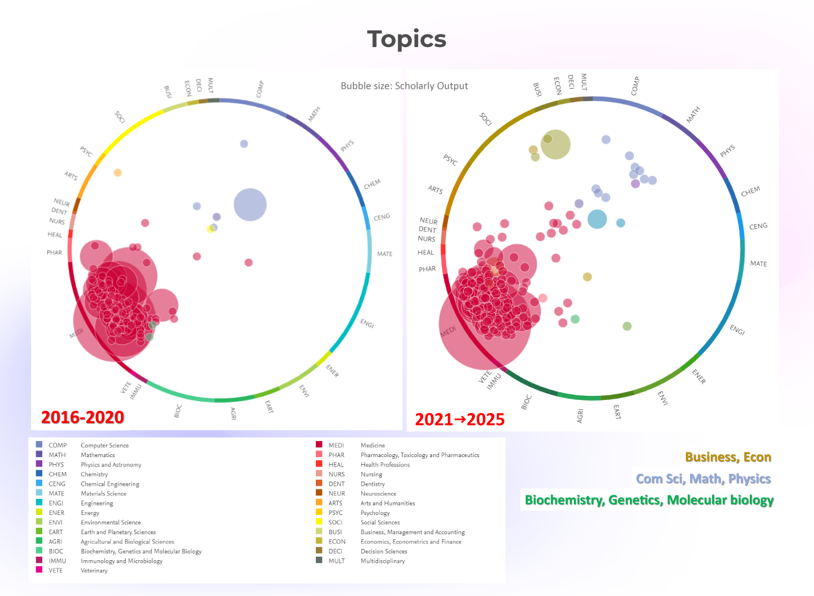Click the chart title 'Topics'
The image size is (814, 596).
(406, 39)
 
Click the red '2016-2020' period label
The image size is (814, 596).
(82, 417)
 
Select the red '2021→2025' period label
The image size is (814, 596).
(459, 420)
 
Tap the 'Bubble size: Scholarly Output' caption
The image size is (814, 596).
(404, 86)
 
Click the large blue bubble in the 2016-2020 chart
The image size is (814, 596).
(250, 204)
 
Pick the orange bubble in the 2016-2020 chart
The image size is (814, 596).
(117, 173)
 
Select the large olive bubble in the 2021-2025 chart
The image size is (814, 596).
(556, 144)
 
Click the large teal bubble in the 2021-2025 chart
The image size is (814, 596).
(596, 219)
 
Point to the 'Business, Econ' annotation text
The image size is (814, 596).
(728, 457)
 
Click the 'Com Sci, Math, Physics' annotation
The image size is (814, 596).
(703, 479)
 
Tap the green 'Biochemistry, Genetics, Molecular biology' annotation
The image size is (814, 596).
(649, 500)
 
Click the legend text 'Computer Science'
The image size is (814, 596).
(105, 445)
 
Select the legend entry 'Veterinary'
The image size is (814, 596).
(94, 570)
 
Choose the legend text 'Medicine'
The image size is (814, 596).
(372, 445)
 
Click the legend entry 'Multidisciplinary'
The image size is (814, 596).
(383, 561)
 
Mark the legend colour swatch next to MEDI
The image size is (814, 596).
(319, 445)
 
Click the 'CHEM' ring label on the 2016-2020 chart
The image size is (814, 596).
(372, 184)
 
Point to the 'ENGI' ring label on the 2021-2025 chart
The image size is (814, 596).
(737, 330)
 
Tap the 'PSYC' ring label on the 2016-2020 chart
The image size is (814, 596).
(86, 151)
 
